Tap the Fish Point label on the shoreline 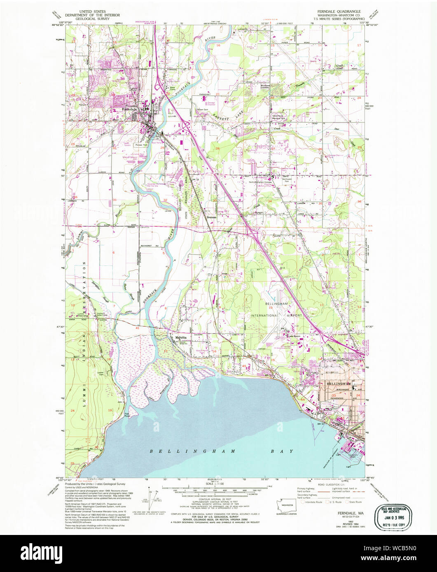(127, 414)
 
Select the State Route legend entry (355, 502)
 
